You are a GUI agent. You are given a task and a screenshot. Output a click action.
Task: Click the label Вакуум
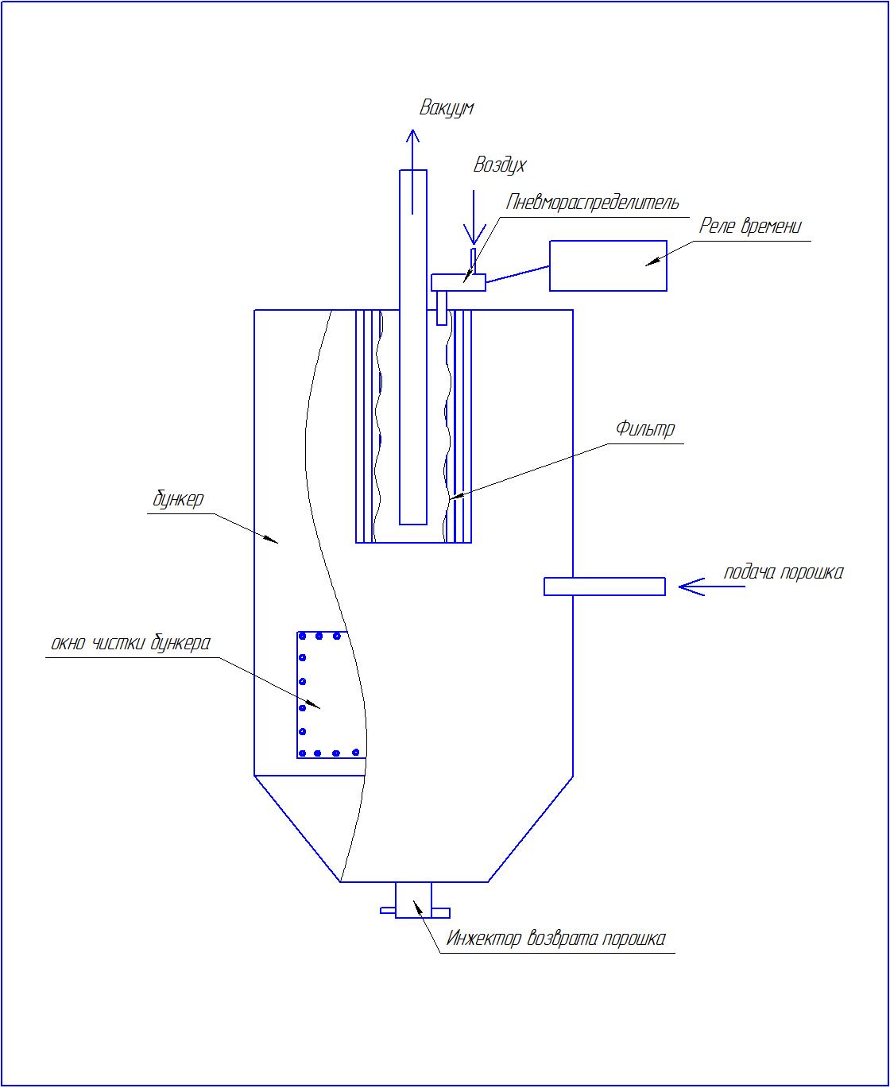click(447, 108)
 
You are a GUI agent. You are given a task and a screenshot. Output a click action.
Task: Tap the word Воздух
click(499, 165)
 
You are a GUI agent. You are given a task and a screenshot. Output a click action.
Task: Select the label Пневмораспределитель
click(592, 202)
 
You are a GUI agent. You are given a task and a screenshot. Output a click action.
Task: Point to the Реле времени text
click(750, 227)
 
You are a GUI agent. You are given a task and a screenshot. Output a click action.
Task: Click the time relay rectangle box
click(608, 265)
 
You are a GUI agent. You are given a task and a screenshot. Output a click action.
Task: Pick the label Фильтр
click(645, 429)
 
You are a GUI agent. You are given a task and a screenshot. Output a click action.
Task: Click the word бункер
click(178, 499)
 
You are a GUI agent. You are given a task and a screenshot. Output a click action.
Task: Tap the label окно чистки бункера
click(130, 643)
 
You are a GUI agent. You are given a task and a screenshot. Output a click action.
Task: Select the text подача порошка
click(784, 572)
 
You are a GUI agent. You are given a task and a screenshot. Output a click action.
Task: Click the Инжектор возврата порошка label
click(555, 939)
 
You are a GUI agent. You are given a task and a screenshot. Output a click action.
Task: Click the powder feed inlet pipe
click(605, 587)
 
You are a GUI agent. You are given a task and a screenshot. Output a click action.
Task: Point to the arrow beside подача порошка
click(711, 587)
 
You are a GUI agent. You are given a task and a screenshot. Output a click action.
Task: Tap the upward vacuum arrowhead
click(412, 135)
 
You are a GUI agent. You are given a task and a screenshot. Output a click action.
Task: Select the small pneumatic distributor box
click(459, 282)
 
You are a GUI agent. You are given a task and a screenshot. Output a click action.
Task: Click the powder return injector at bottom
click(414, 900)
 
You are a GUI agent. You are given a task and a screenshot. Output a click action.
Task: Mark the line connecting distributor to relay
click(517, 274)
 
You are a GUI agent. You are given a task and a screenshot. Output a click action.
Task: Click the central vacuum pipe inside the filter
click(413, 347)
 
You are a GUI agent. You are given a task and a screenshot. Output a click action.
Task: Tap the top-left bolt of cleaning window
click(303, 636)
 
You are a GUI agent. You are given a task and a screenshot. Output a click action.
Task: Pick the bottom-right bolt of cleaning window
click(355, 753)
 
